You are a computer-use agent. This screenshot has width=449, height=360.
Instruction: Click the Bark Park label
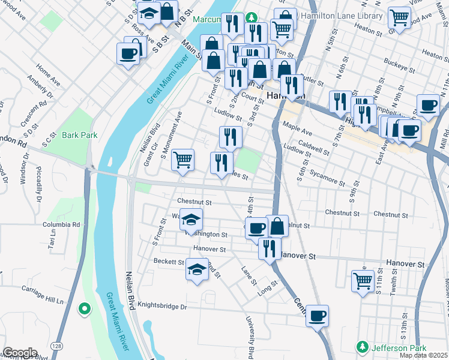[79, 135]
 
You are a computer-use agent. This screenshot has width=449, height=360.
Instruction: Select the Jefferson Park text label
[398, 347]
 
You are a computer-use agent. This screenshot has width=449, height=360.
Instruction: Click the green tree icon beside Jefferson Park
[362, 347]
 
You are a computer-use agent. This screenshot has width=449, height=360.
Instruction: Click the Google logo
[19, 353]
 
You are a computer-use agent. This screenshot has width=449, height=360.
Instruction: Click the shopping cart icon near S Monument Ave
[182, 160]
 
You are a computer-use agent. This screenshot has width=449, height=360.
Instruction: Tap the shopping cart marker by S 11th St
[363, 280]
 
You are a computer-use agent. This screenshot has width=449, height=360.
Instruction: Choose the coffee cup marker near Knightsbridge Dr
[317, 315]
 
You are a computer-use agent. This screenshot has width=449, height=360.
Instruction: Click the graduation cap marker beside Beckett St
[196, 270]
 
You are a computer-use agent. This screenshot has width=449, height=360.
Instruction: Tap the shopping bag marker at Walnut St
[277, 226]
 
